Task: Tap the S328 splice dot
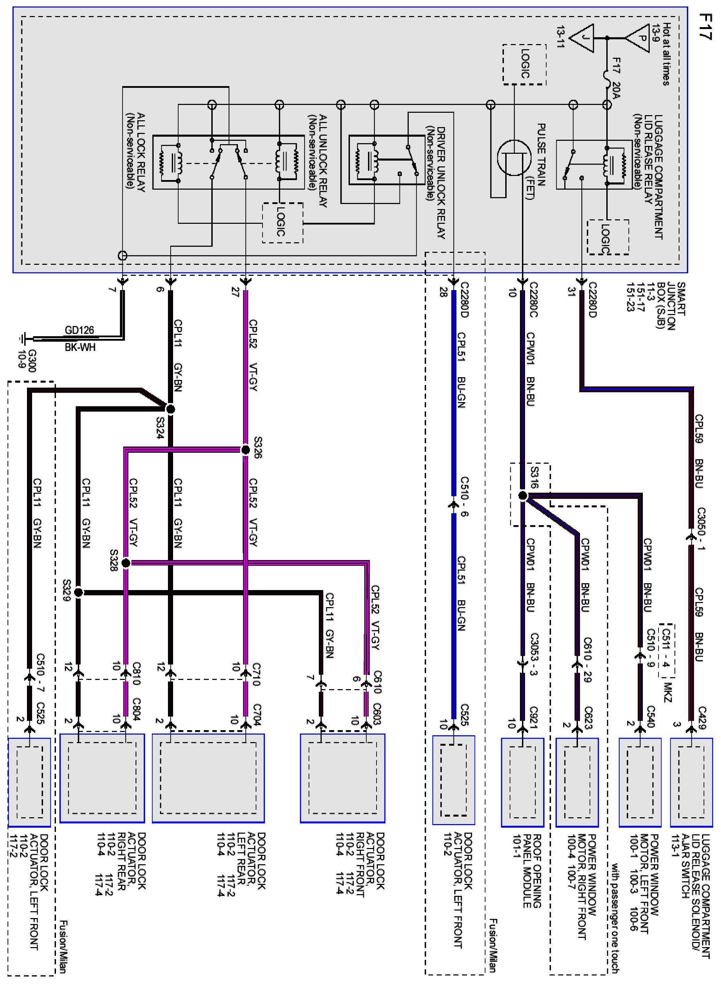[126, 563]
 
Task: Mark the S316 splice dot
[522, 496]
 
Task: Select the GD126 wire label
[80, 330]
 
